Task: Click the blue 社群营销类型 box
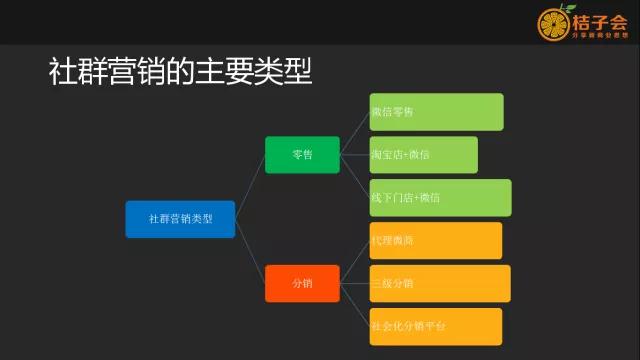click(x=180, y=219)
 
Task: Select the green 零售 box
click(x=302, y=155)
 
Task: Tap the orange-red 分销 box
click(x=302, y=283)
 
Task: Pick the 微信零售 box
click(x=436, y=112)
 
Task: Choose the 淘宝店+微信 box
click(x=423, y=155)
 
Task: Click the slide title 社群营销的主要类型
click(x=181, y=72)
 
